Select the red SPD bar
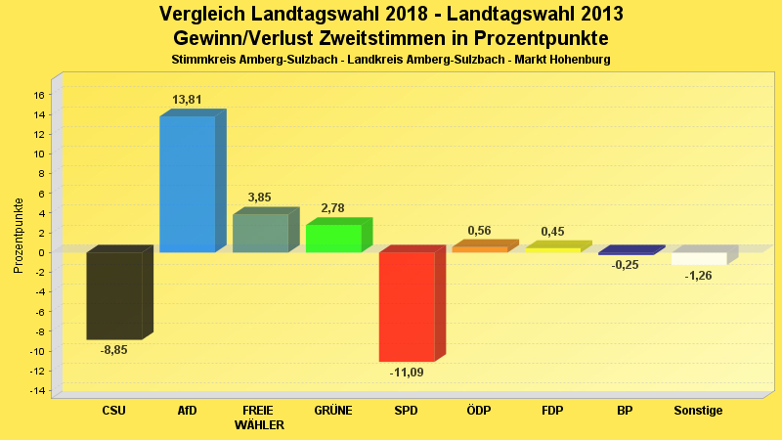coord(407,307)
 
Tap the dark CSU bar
coord(114,295)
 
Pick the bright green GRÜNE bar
coord(333,239)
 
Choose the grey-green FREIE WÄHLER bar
coord(260,233)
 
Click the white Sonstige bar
coord(699,258)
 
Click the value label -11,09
coord(407,373)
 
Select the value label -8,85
coord(115,350)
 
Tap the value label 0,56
coord(480,231)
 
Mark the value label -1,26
coord(699,276)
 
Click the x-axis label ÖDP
coord(480,411)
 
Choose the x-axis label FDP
coord(552,411)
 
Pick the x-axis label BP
coord(626,411)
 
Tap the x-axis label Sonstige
coord(699,411)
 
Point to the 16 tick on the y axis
coord(39,95)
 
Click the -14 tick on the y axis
coord(37,391)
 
